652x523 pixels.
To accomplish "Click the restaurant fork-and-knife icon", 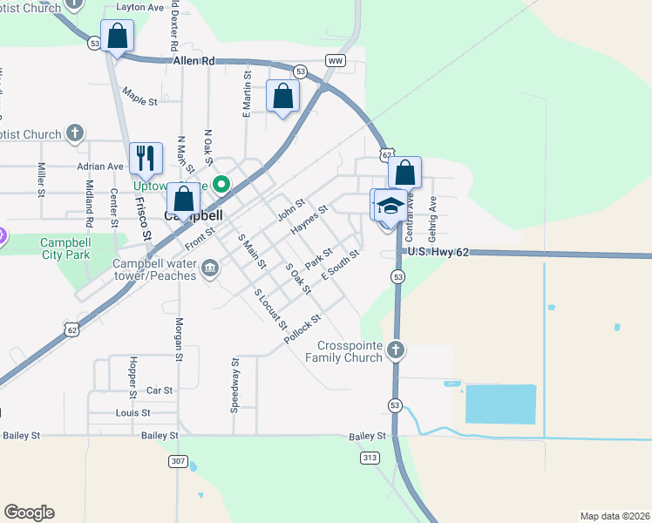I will (x=146, y=158).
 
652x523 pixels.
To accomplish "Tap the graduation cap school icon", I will (x=391, y=206).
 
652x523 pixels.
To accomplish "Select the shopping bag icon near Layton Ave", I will (x=117, y=37).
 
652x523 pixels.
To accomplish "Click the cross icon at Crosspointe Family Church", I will (x=396, y=350).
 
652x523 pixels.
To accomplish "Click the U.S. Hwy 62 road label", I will (x=438, y=252).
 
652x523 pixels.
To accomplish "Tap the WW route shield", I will (x=336, y=61).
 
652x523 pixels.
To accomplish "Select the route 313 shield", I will (x=370, y=457).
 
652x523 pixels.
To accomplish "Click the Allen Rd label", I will (x=194, y=61).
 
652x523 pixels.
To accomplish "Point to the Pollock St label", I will (x=303, y=327).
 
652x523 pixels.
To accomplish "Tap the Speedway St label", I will (x=234, y=384).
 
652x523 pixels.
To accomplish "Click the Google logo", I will (x=29, y=513).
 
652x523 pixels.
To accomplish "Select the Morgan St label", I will (x=178, y=339).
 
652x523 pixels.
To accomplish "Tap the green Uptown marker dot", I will (x=221, y=184).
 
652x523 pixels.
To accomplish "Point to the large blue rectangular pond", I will (x=500, y=404).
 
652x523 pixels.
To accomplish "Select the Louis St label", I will (x=132, y=412).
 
